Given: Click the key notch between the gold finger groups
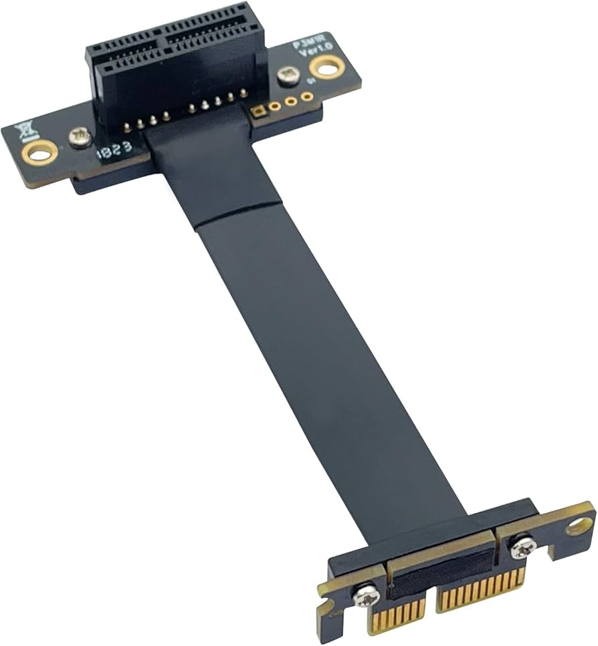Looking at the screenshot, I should (x=431, y=605).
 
